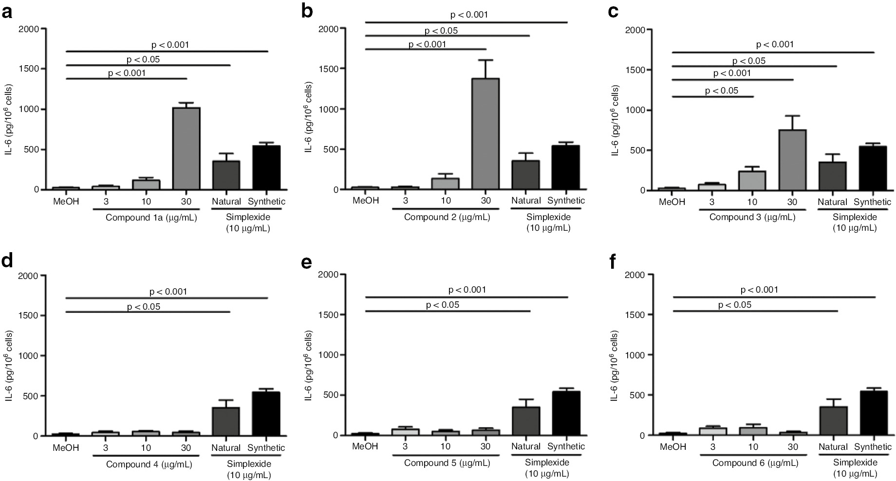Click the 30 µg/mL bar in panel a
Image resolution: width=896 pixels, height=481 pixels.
tap(187, 148)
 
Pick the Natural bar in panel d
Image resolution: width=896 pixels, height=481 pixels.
tap(226, 422)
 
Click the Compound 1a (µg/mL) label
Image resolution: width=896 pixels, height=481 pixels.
tap(151, 218)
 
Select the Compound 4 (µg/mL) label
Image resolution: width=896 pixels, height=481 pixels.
tap(149, 464)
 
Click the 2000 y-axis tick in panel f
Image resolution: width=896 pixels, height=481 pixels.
tap(635, 275)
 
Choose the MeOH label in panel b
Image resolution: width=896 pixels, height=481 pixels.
tap(365, 201)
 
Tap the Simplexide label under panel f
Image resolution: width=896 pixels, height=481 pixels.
tap(855, 462)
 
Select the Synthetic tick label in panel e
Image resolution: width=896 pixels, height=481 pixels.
tap(566, 446)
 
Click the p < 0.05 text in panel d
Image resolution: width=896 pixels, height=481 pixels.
tap(144, 307)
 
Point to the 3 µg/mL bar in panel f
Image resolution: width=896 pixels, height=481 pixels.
tap(712, 431)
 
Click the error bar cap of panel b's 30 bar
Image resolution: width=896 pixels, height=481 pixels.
tap(485, 60)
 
